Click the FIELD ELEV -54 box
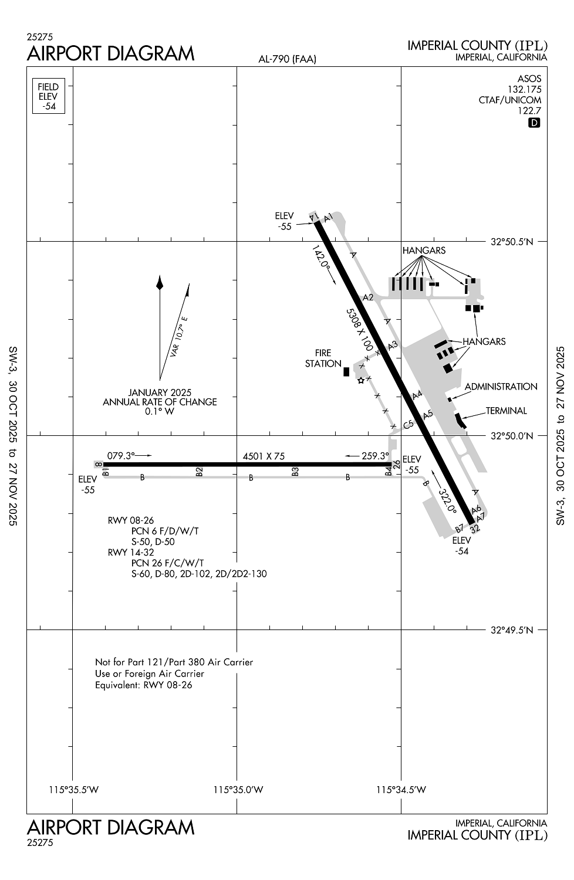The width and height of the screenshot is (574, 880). click(48, 96)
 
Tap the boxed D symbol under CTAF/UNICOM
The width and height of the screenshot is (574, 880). click(534, 123)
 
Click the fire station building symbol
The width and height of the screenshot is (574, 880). click(346, 371)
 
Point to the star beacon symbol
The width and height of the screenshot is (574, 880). click(361, 380)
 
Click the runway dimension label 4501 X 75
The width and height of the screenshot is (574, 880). click(264, 456)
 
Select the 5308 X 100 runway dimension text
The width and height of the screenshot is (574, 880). click(360, 330)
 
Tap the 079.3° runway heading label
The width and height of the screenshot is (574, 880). click(121, 455)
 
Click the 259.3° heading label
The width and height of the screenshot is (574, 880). click(376, 456)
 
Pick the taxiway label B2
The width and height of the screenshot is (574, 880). click(200, 471)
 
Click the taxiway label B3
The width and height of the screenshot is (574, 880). click(295, 471)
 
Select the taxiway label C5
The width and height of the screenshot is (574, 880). click(408, 424)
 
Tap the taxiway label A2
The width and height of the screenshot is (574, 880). click(368, 297)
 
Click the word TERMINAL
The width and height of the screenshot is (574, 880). click(506, 411)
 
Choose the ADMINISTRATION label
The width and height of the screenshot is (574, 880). click(501, 387)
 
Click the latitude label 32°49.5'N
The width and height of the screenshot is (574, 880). click(512, 630)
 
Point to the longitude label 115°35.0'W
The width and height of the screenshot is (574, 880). click(238, 790)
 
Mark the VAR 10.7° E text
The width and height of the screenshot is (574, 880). click(178, 337)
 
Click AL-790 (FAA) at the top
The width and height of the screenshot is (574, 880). click(287, 59)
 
